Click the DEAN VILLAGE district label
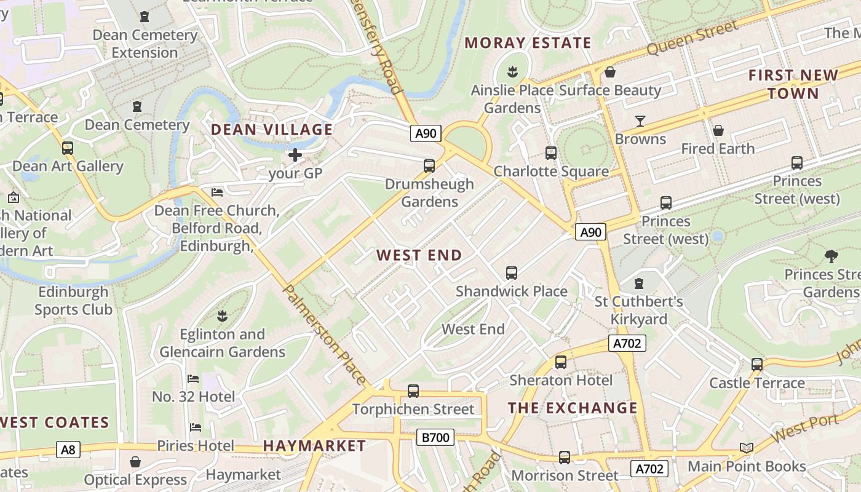272,130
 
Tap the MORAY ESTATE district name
528,43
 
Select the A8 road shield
68,450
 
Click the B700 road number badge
435,437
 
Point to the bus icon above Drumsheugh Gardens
429,165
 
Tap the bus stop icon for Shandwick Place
511,273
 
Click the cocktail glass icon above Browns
640,121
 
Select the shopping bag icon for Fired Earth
718,130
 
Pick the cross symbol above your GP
295,155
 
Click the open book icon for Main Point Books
747,448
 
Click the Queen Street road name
692,38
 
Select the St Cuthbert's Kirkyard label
639,311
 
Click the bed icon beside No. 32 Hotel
193,379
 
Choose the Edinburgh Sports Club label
73,300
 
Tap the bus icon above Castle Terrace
757,365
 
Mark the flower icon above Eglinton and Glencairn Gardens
222,316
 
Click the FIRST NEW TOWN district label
793,84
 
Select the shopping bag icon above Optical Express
135,462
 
